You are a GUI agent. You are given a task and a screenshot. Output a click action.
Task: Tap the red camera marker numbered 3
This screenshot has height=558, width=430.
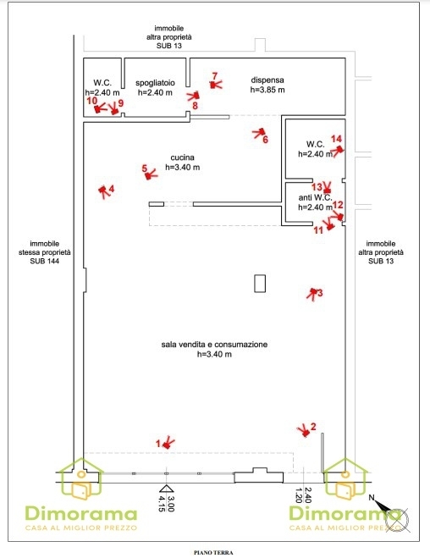pyautogui.click(x=312, y=293)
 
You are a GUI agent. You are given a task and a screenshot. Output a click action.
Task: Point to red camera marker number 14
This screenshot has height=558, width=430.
pyautogui.click(x=338, y=150)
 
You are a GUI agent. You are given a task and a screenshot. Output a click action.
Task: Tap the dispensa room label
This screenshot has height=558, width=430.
pyautogui.click(x=267, y=80)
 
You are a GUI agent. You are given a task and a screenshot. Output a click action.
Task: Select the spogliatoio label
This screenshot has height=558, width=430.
pyautogui.click(x=155, y=83)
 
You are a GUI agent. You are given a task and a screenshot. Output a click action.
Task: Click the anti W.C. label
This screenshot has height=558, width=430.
pyautogui.click(x=315, y=197)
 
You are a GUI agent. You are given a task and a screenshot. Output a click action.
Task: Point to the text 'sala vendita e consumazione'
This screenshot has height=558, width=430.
pyautogui.click(x=214, y=345)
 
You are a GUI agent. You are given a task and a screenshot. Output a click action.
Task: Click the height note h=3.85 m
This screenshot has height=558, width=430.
pyautogui.click(x=267, y=90)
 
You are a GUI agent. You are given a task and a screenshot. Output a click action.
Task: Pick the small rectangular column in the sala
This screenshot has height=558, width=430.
pyautogui.click(x=260, y=284)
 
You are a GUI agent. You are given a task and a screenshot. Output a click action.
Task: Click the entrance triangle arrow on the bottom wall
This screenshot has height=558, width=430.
pyautogui.click(x=166, y=489)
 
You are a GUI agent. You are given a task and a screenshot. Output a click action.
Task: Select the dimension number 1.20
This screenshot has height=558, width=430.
pyautogui.click(x=299, y=495)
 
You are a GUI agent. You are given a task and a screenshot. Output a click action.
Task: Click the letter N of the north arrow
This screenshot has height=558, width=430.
pyautogui.click(x=372, y=498)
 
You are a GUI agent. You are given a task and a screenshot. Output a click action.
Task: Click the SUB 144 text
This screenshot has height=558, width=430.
pyautogui.click(x=45, y=261)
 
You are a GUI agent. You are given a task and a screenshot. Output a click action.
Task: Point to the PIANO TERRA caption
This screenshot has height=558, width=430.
pyautogui.click(x=213, y=553)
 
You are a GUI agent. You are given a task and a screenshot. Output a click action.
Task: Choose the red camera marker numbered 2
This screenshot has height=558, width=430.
pyautogui.click(x=305, y=431)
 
